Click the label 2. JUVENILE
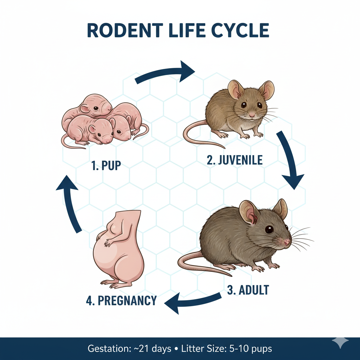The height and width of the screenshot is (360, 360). pos(234,160)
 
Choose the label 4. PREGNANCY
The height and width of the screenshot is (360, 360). pos(121,301)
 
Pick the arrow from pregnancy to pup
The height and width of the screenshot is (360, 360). pos(70,204)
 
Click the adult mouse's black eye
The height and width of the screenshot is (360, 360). pos(269,229)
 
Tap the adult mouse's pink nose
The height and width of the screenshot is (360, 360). pos(287,242)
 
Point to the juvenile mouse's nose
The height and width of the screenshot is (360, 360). pos(252,115)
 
